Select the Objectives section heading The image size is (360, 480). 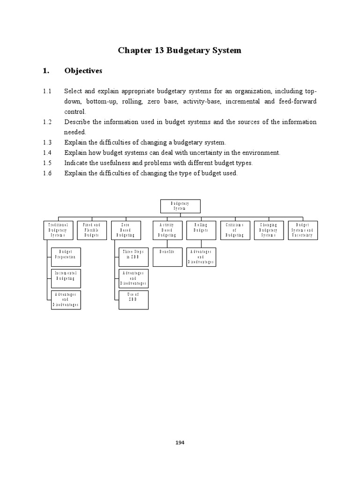click(x=83, y=71)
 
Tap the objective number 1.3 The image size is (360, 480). click(x=47, y=142)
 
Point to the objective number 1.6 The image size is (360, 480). click(x=47, y=173)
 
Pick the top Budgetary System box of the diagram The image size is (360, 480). click(x=180, y=206)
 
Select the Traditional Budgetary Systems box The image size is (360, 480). click(x=58, y=230)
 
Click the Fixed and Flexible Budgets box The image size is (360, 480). click(x=92, y=230)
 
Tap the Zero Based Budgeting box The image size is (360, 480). click(x=126, y=230)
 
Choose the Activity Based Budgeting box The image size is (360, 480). click(x=168, y=230)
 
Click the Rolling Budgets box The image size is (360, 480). click(x=201, y=230)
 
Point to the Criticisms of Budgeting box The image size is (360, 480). click(x=235, y=230)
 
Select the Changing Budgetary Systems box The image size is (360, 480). click(x=269, y=230)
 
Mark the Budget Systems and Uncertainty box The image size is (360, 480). click(x=302, y=230)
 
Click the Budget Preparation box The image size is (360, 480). click(x=66, y=257)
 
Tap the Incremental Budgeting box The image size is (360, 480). click(x=66, y=278)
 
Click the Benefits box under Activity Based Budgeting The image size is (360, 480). click(x=168, y=257)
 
